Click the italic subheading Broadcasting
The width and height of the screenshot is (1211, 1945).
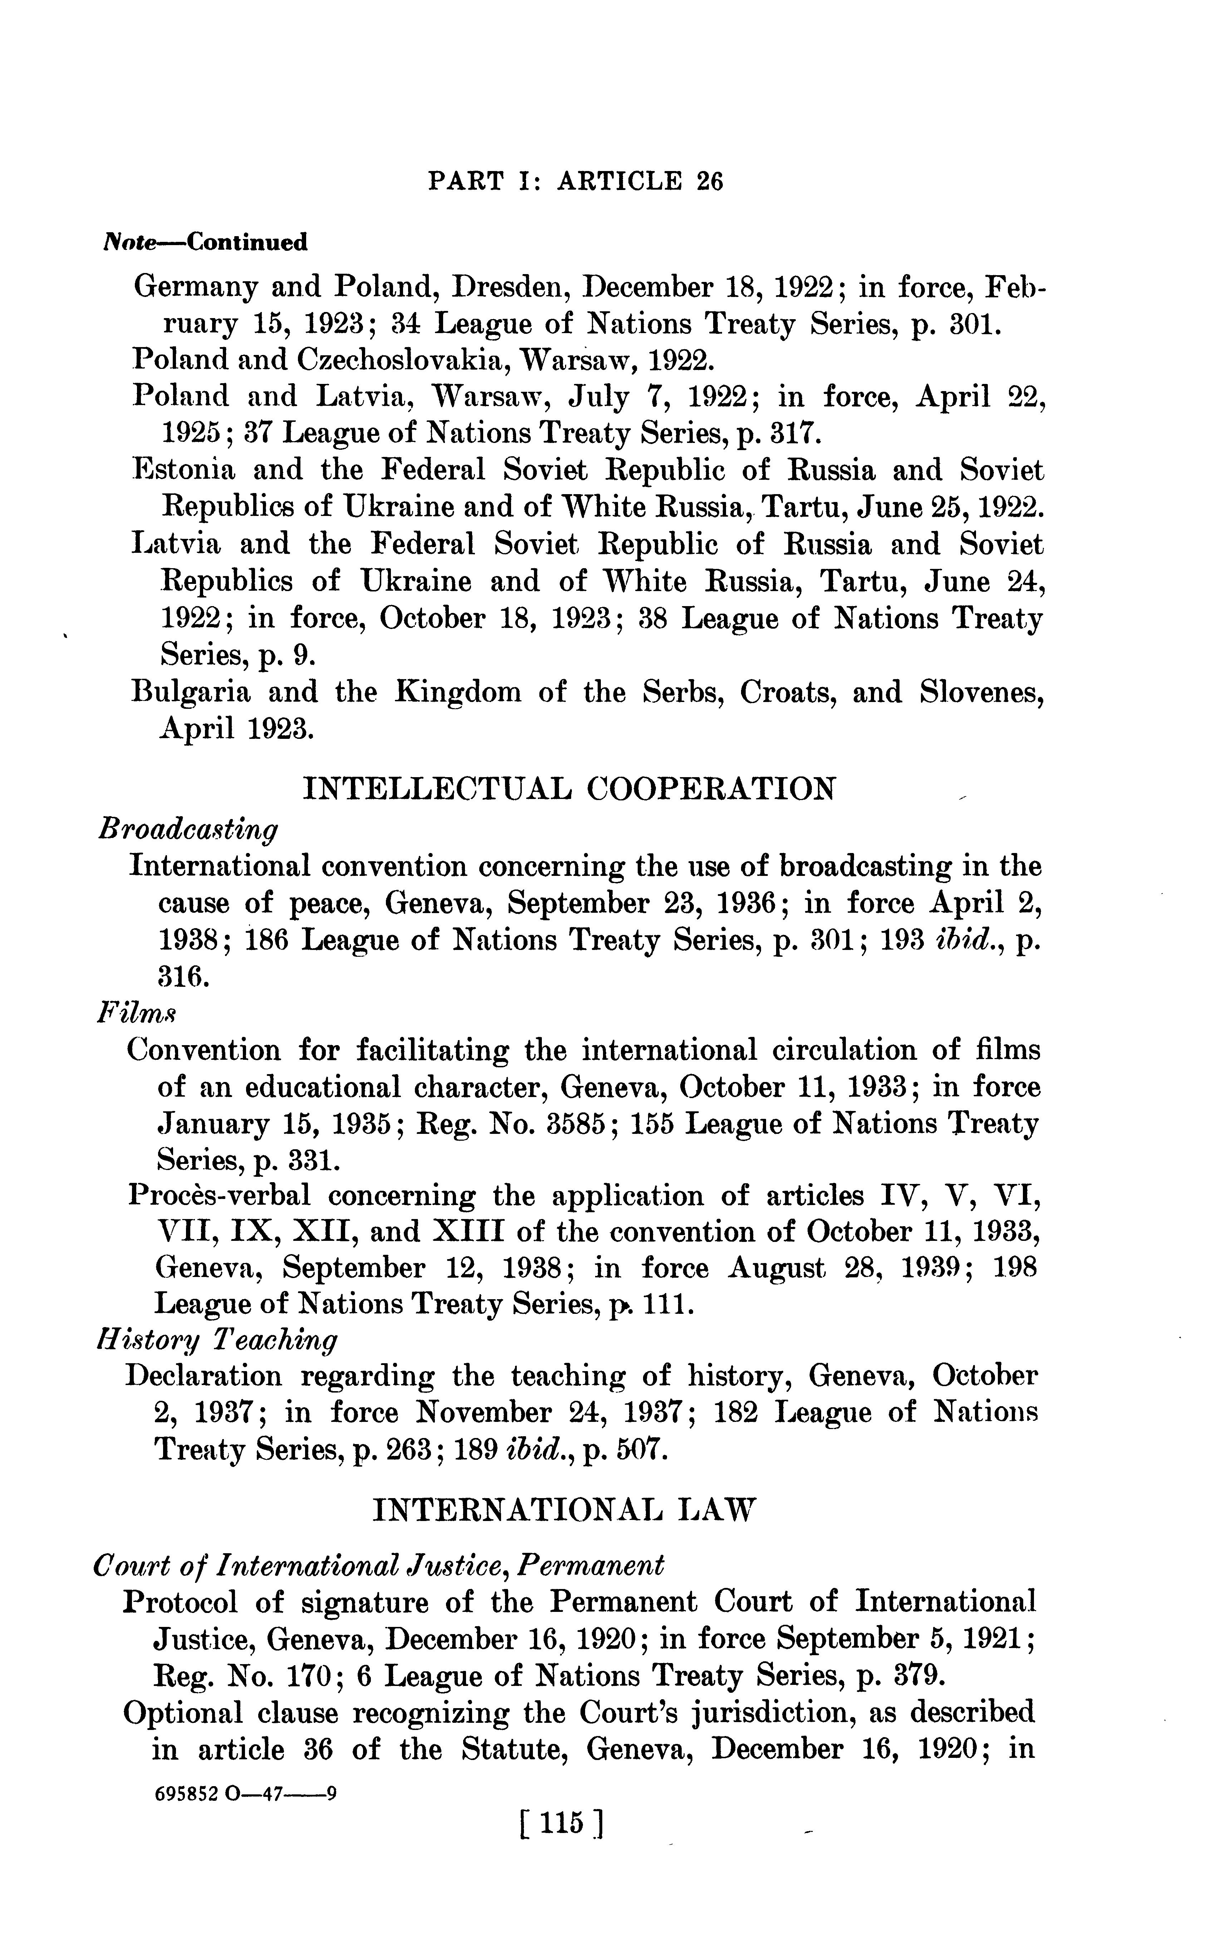coord(187,830)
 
